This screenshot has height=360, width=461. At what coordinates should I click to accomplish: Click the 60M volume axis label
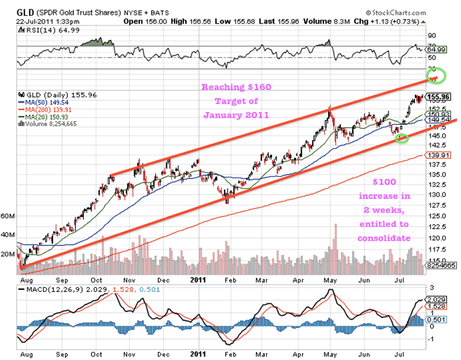click(8, 216)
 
